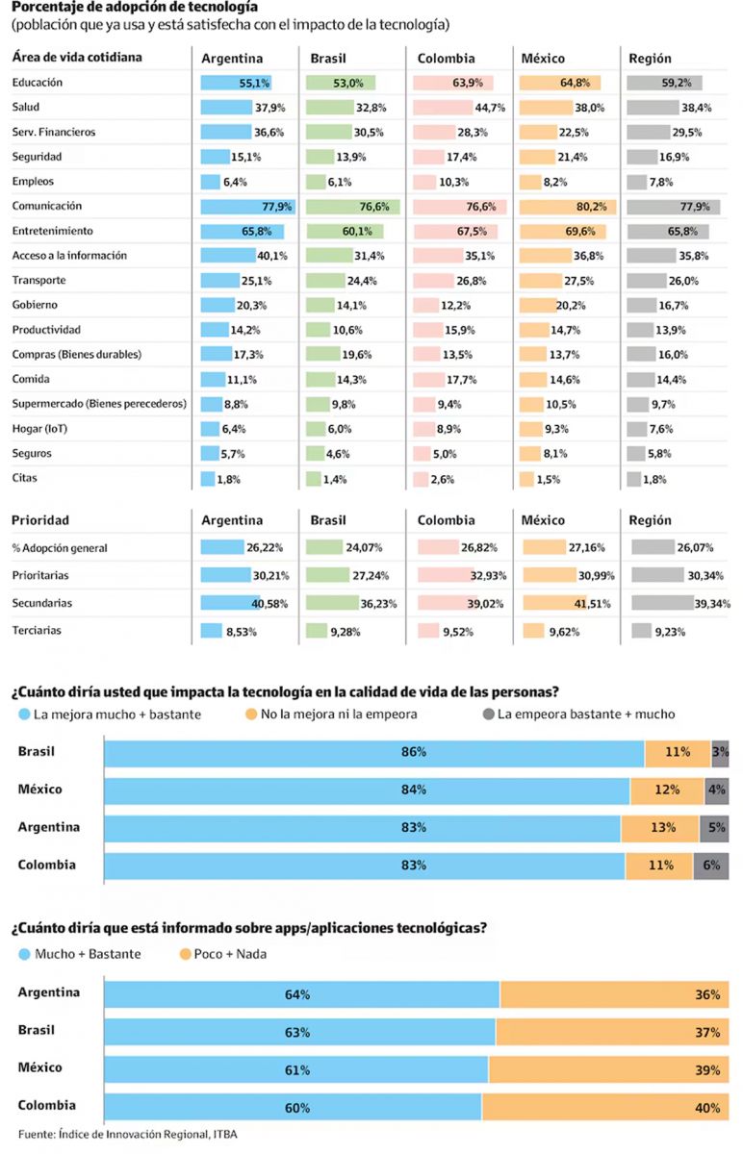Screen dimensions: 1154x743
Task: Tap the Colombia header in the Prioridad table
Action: coord(446,520)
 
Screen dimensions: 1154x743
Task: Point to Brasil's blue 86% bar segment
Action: coord(373,753)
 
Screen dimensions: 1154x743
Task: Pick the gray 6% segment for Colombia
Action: coord(710,865)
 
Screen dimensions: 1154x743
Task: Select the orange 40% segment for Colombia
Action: coord(604,1108)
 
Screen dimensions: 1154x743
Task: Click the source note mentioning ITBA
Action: coord(127,1135)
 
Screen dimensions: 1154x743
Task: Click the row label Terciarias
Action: coord(38,631)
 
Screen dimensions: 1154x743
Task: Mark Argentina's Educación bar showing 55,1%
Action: coord(236,83)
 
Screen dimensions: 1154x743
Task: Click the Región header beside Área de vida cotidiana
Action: coord(650,58)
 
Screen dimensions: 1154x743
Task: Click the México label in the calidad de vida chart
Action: coord(39,790)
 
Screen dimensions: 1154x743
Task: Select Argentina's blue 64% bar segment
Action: coord(301,994)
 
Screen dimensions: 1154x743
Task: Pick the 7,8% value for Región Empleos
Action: coord(661,182)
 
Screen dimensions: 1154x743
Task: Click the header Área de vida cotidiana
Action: coord(77,58)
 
